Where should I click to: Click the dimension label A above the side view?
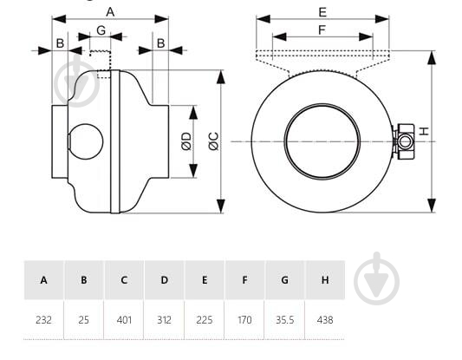tap(110, 12)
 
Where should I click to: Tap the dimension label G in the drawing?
tap(101, 30)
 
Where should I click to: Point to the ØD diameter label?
tap(186, 141)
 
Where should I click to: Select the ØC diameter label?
tap(214, 141)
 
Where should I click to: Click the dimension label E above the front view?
tap(322, 12)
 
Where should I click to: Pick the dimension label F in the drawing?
tap(322, 29)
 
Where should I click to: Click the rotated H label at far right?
tap(424, 131)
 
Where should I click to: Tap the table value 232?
tap(43, 319)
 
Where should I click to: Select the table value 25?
tap(84, 319)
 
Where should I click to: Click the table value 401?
tap(124, 319)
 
